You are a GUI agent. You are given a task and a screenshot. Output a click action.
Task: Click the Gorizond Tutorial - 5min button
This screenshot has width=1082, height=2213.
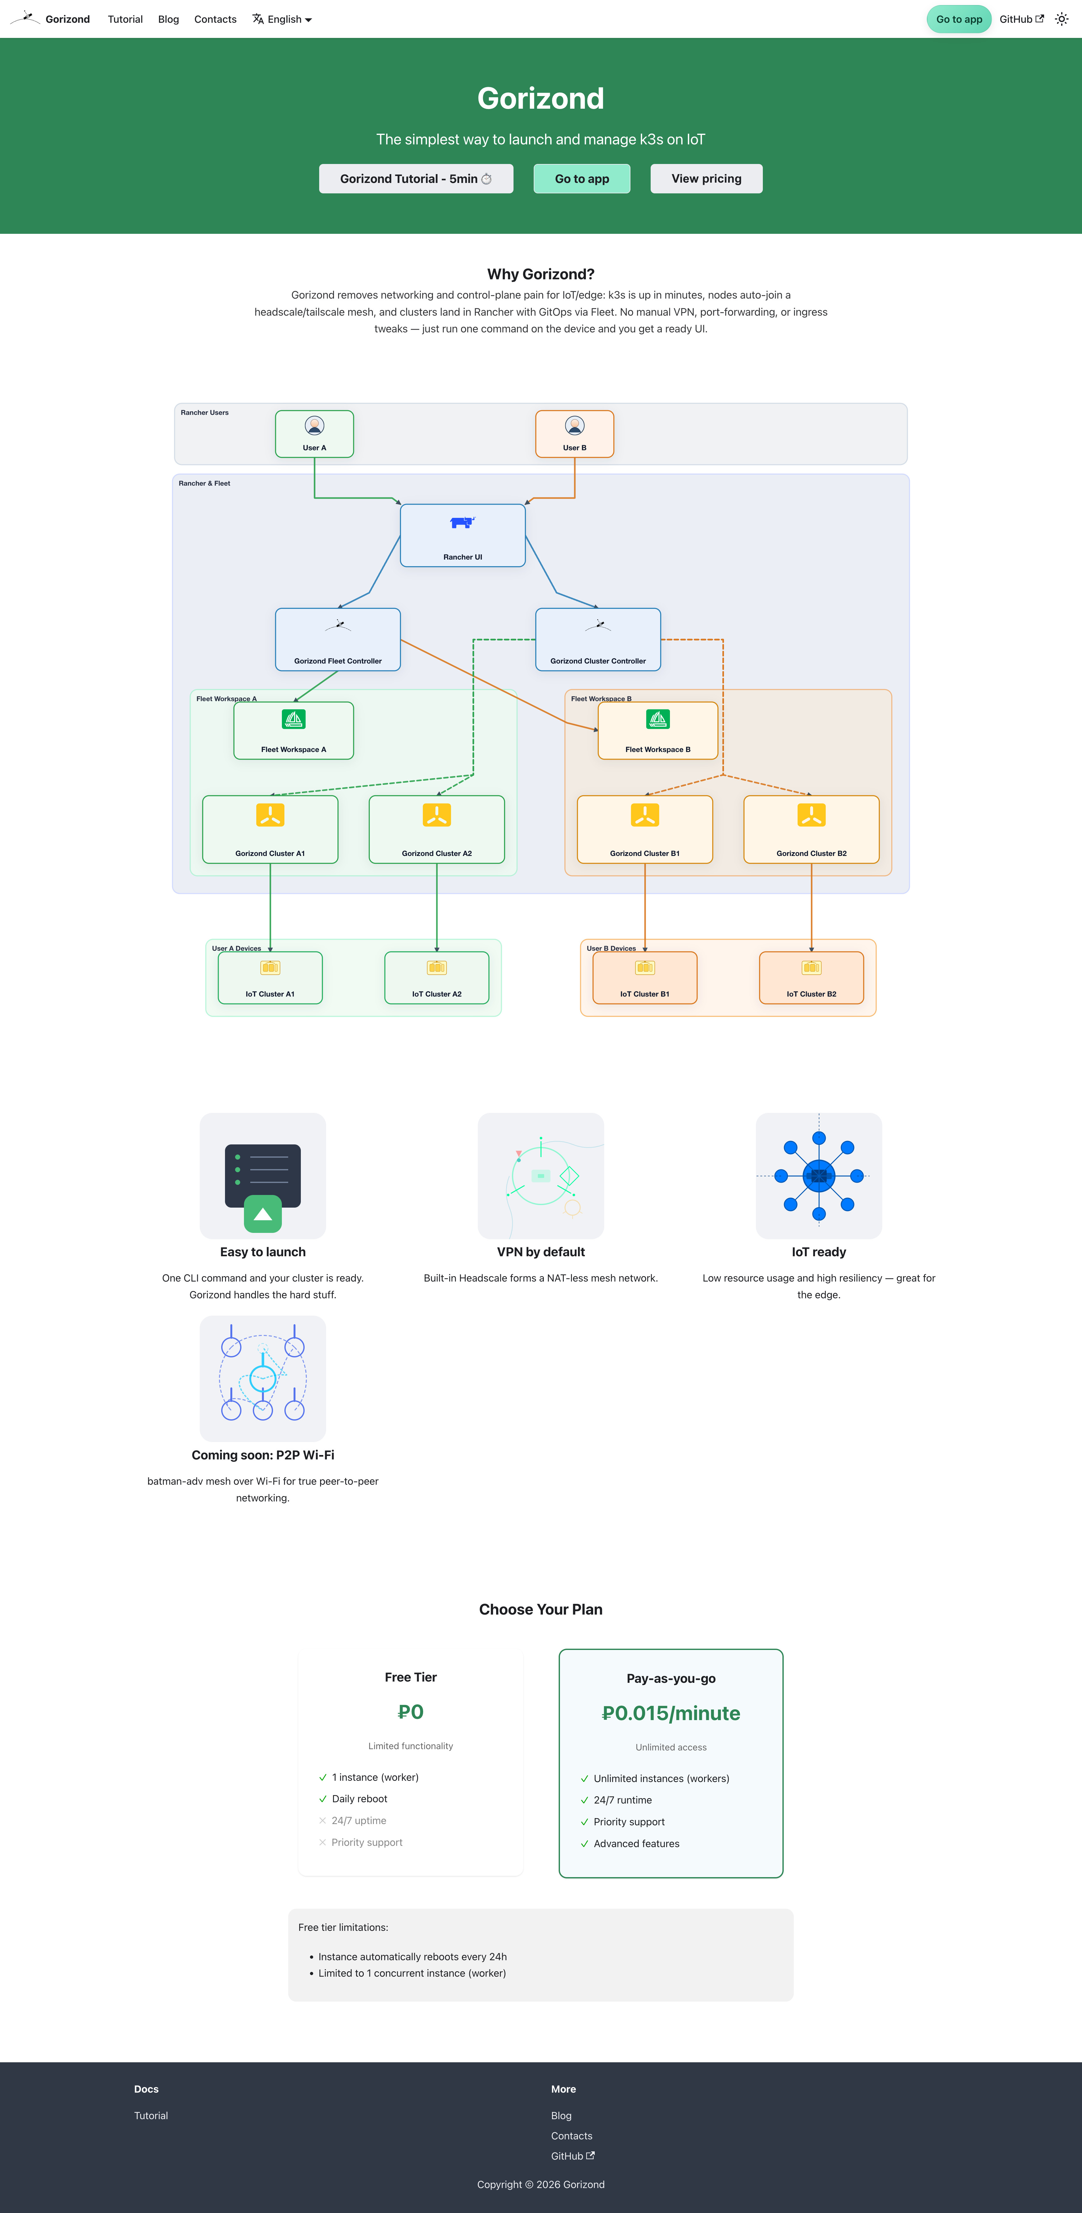point(416,179)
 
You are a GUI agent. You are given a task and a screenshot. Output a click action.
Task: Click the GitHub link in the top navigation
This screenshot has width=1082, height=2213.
point(1020,19)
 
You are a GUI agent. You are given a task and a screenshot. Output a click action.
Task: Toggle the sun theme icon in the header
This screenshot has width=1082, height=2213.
point(1061,19)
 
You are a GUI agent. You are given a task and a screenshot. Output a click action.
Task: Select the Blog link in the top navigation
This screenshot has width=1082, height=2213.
point(168,19)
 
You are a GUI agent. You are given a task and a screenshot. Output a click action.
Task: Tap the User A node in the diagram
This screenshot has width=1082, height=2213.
point(314,434)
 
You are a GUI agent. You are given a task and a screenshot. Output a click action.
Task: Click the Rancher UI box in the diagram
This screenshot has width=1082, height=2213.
point(462,535)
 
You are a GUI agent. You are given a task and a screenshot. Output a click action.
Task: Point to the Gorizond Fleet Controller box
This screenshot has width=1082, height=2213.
point(338,639)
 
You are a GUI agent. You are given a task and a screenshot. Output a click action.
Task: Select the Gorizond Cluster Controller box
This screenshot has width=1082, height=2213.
point(598,639)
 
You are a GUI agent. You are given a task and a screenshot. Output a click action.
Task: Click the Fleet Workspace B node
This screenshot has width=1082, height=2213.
point(658,730)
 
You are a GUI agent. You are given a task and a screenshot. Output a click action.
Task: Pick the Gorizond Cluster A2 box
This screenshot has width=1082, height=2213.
point(437,829)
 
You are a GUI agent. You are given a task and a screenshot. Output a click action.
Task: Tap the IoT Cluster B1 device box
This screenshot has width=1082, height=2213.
point(645,978)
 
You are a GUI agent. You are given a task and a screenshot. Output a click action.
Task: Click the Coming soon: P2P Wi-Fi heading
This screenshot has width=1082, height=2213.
point(263,1454)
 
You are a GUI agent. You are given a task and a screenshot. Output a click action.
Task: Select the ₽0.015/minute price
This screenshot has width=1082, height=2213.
point(671,1713)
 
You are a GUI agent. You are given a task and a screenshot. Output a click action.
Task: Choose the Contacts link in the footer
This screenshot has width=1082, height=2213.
point(572,2136)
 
